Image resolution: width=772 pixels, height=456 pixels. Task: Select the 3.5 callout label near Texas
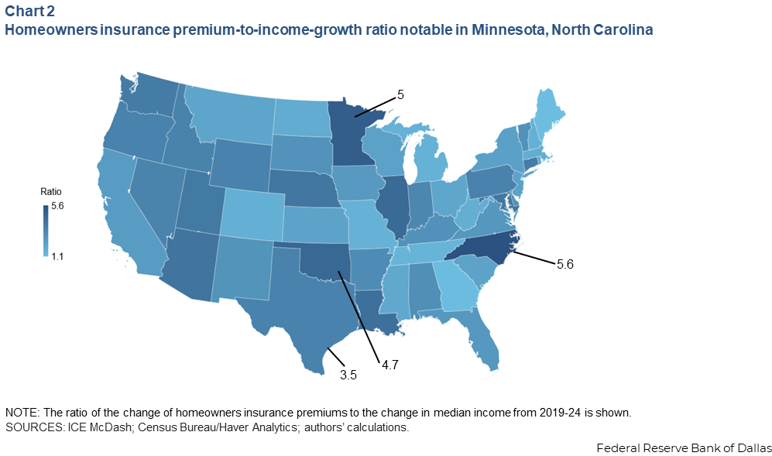pos(348,375)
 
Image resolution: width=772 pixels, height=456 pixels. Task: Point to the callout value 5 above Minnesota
pos(400,95)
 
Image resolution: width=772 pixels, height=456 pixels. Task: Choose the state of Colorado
pos(252,208)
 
